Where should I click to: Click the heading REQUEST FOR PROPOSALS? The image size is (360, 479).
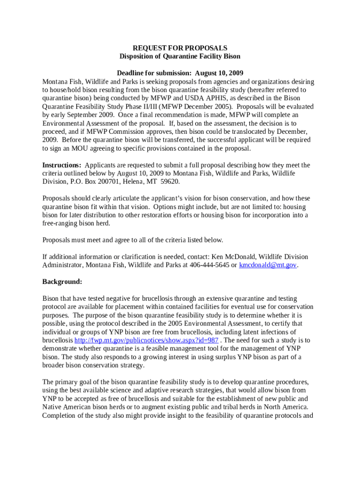(x=180, y=48)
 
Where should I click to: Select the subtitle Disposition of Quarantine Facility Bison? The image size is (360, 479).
(x=180, y=57)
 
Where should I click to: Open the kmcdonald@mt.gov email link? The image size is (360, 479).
(x=268, y=265)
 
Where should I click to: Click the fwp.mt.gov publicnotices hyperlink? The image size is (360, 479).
(x=146, y=340)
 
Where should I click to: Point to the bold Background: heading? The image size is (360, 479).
(x=62, y=282)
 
